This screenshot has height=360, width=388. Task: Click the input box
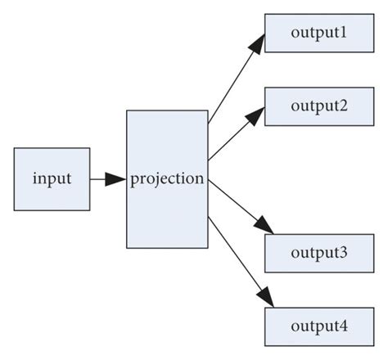tap(52, 178)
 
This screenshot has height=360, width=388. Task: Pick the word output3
tap(319, 253)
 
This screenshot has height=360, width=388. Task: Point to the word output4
tap(319, 326)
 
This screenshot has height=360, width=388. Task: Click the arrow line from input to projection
tap(98, 178)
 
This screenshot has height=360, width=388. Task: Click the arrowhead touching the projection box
tap(116, 178)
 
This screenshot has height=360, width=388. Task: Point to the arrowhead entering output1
tap(256, 45)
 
